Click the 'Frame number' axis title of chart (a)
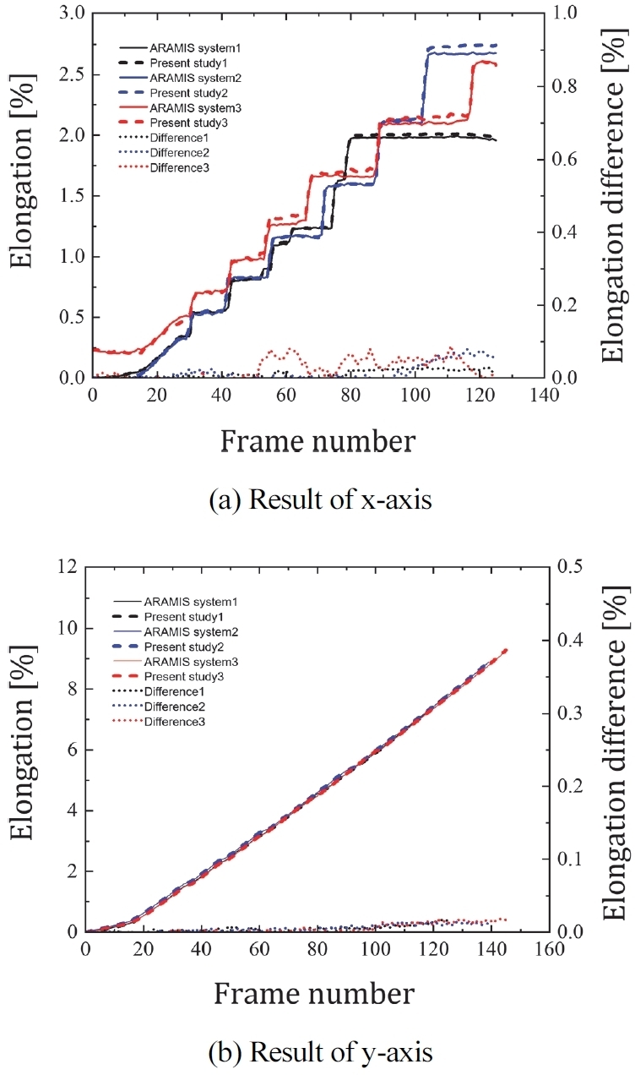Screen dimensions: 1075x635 click(x=317, y=440)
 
